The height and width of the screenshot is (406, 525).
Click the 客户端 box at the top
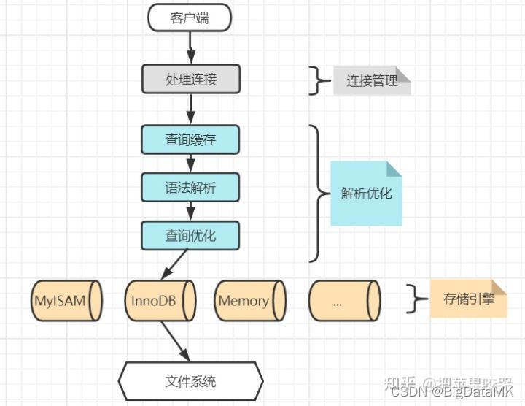point(190,18)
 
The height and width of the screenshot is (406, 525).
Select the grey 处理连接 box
point(190,79)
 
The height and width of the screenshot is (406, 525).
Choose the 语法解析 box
point(190,188)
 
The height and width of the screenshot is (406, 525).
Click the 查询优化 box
point(190,235)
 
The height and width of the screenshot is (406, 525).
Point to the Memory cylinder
point(249,300)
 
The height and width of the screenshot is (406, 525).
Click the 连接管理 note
point(373,80)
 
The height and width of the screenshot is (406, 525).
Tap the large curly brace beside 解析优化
point(318,194)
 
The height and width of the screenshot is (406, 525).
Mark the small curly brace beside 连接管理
point(316,80)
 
